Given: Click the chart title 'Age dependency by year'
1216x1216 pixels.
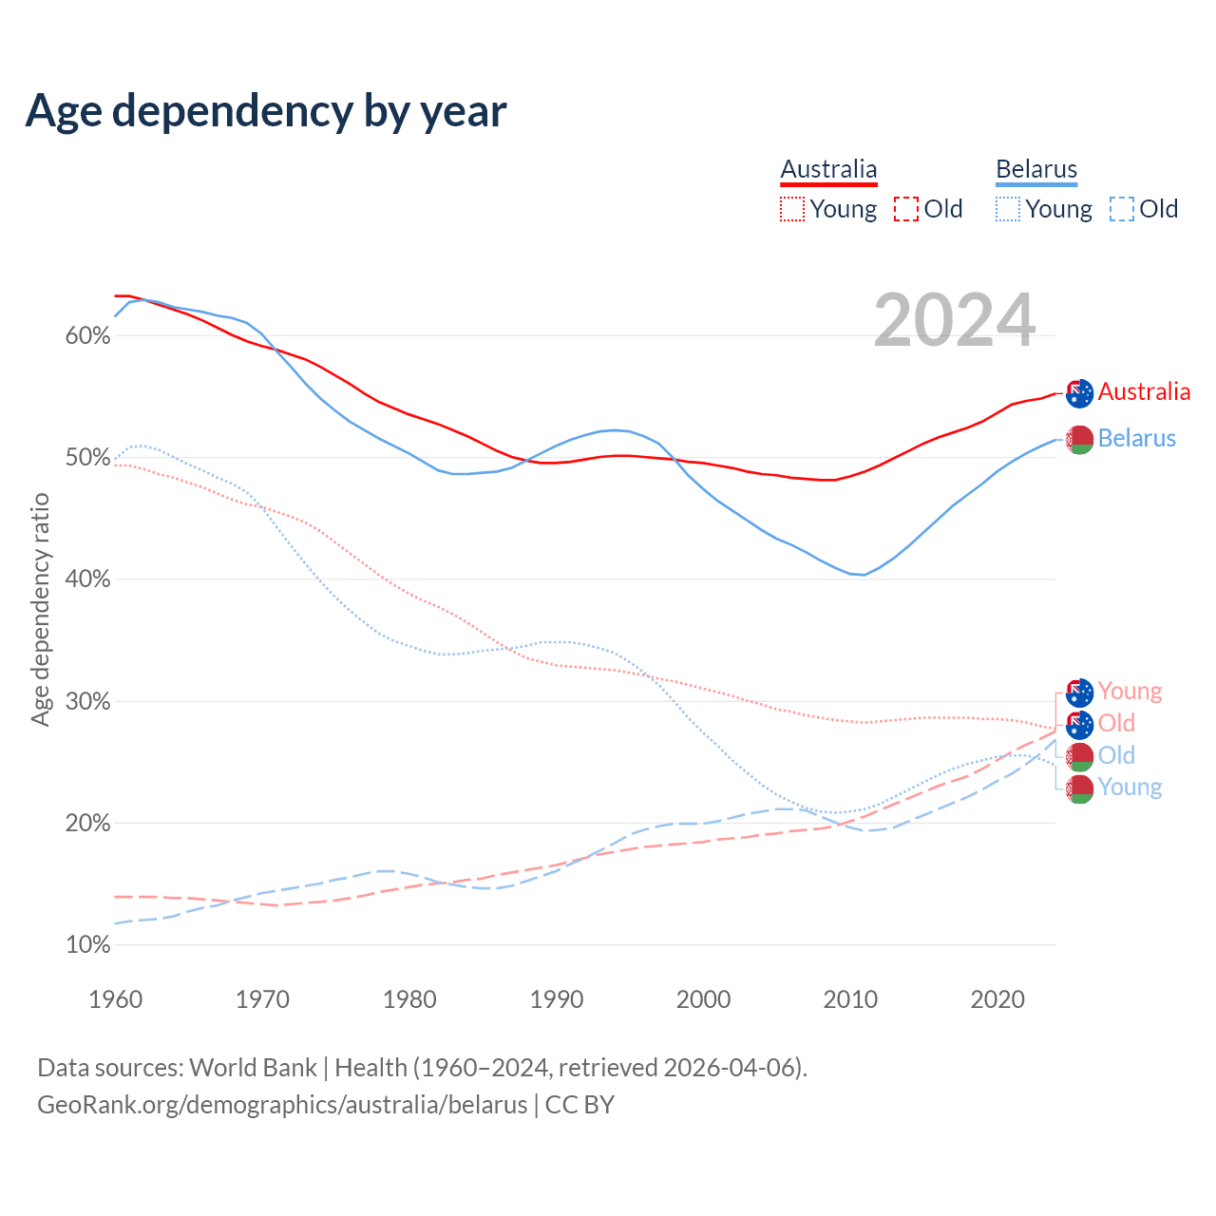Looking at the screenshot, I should pos(266,111).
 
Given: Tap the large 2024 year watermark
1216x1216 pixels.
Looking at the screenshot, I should pos(954,320).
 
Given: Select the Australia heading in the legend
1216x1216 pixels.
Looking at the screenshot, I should pos(828,169).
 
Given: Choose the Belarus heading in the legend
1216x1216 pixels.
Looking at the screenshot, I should pos(1036,169).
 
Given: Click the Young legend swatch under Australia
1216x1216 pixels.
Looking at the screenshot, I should pos(792,209).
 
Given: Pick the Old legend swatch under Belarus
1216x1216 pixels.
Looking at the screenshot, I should pos(1121,209).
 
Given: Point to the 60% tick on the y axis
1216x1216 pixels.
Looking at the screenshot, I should pos(88,336).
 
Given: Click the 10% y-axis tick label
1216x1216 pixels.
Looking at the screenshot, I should pos(88,945).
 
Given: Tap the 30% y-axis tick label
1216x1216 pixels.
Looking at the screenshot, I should pos(88,702).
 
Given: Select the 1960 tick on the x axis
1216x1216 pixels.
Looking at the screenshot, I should pos(115,999).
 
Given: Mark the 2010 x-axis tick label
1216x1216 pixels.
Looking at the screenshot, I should pos(850,999).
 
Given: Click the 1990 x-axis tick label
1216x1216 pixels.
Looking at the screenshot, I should pos(557,999).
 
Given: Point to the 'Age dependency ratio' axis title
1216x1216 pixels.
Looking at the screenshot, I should pos(40,609).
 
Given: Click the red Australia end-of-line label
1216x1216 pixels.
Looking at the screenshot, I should pos(1144,391).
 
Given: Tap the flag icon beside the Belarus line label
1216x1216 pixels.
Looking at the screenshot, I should pos(1079,439).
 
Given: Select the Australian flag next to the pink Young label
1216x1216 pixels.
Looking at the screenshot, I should pos(1079,693).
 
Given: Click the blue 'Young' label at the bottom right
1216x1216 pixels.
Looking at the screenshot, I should pos(1130,788).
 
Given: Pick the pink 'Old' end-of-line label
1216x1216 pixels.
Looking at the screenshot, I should pos(1116,723).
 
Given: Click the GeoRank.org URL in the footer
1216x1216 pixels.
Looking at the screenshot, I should pos(282,1105).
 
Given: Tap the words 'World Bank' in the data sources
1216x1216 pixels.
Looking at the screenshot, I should pos(253,1068).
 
